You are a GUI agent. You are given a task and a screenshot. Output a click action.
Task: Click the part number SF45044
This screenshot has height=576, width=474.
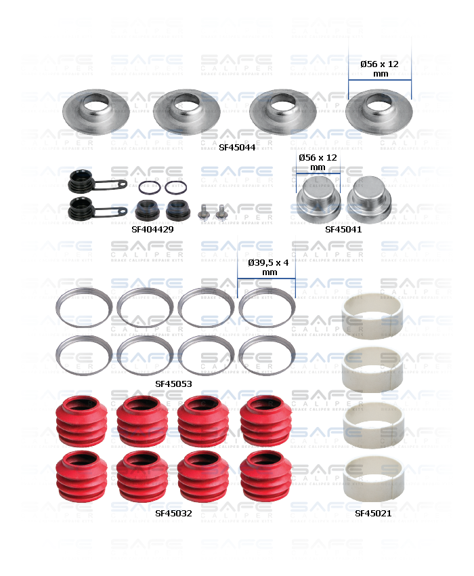(237, 146)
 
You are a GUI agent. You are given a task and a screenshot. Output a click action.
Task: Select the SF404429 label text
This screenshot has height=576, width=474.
(152, 229)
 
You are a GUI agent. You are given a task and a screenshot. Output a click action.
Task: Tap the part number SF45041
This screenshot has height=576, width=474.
(343, 229)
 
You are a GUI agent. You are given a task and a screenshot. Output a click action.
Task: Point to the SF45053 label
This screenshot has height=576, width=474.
(173, 383)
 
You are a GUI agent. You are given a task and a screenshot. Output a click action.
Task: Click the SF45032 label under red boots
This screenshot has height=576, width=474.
(173, 513)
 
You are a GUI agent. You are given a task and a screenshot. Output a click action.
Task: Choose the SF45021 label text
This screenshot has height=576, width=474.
(373, 513)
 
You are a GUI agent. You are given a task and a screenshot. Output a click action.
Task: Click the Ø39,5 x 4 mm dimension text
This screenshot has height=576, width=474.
(266, 267)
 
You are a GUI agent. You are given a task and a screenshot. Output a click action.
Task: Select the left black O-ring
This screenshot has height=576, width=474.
(149, 187)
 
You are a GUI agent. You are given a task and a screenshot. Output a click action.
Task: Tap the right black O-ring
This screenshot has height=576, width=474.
(176, 187)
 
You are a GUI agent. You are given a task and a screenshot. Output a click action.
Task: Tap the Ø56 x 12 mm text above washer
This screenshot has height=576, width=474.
(381, 68)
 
